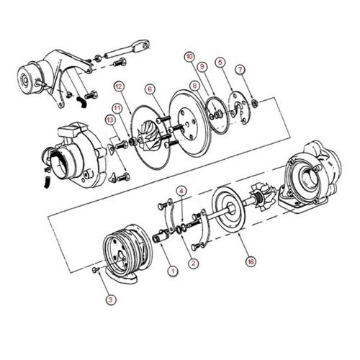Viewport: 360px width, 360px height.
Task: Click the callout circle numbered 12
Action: click(x=119, y=86)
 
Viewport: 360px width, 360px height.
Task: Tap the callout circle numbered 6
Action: click(x=150, y=89)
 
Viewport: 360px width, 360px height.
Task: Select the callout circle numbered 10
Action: click(x=189, y=57)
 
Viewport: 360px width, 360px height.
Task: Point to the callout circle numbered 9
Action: click(x=202, y=66)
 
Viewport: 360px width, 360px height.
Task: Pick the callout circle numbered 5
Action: click(x=220, y=62)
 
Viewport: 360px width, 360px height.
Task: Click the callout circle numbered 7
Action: click(x=240, y=70)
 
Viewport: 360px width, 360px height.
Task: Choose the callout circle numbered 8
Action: click(x=194, y=86)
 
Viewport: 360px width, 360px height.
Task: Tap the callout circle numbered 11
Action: click(x=117, y=108)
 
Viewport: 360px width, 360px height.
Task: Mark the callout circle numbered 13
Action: click(x=110, y=120)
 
